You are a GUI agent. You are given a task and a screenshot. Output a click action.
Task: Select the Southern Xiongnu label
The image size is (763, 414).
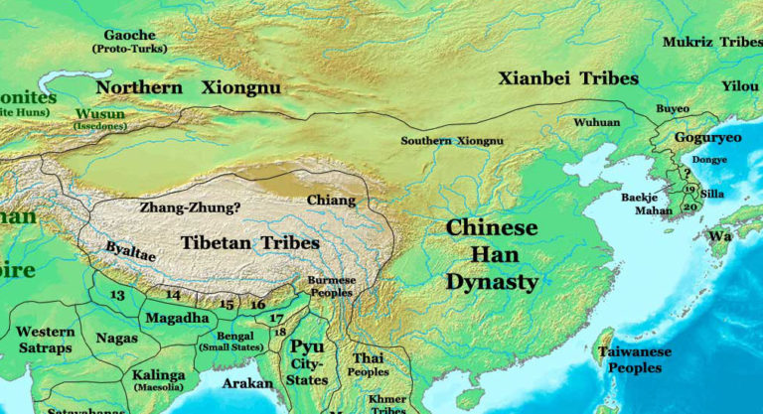(452, 141)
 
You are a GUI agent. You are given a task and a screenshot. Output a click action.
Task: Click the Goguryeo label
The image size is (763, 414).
(707, 138)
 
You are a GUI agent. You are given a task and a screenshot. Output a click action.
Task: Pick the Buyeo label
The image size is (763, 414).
(673, 109)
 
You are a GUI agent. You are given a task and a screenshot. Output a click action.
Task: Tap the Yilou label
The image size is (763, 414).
(739, 86)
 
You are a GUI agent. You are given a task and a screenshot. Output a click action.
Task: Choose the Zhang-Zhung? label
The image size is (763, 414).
(190, 208)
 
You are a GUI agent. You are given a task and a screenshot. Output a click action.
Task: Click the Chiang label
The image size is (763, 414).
(331, 201)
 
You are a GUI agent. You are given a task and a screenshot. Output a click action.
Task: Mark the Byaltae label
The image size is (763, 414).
(130, 253)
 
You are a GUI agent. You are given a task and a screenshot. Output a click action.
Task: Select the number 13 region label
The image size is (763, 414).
(117, 295)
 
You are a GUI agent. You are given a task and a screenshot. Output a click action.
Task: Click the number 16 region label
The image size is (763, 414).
(257, 304)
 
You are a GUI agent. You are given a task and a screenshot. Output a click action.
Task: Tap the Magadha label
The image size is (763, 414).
(177, 318)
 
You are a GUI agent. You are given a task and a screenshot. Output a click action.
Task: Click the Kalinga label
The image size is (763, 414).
(158, 376)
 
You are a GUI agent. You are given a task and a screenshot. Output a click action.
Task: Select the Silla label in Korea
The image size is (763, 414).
(712, 194)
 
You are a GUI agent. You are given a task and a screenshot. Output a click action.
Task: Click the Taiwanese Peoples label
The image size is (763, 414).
(634, 359)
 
